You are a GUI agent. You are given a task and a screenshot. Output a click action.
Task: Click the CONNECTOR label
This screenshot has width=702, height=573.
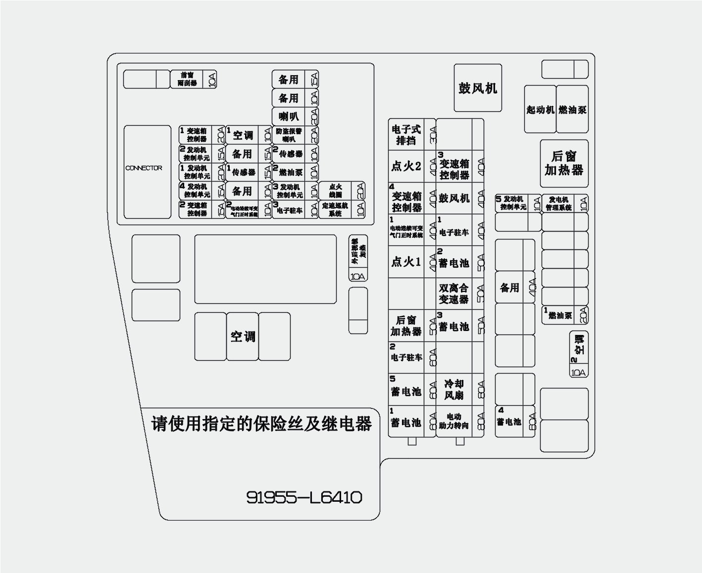[144, 168]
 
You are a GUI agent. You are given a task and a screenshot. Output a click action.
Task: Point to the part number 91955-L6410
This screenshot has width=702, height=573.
[304, 497]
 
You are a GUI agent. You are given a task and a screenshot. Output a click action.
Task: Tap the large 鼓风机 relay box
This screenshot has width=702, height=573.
[478, 88]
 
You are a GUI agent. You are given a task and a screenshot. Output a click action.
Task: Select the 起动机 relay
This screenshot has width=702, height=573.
[540, 110]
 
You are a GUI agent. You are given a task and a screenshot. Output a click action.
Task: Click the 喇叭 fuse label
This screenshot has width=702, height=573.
[289, 117]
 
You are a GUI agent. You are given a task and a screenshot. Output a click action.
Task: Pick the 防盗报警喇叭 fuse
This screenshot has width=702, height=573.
[289, 135]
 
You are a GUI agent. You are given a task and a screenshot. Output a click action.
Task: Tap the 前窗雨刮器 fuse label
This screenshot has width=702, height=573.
[188, 79]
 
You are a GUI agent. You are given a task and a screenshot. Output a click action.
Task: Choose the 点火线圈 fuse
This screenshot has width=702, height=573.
[336, 191]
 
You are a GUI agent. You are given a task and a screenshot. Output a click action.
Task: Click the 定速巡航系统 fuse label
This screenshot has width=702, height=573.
[335, 209]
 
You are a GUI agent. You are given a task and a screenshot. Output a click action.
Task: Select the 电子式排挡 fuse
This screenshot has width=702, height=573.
[406, 135]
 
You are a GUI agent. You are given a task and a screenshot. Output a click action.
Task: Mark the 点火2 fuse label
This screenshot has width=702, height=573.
[406, 166]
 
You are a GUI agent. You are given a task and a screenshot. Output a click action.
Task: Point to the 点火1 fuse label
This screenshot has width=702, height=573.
[406, 262]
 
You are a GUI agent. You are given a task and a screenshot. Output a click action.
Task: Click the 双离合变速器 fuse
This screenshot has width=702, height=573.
[453, 293]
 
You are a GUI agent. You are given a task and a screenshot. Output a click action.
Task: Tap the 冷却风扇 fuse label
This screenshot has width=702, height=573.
[453, 389]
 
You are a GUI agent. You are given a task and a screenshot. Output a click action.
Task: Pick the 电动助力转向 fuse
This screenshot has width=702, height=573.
[453, 421]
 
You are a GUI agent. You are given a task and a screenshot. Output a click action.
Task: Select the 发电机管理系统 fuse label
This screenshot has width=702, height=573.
[559, 203]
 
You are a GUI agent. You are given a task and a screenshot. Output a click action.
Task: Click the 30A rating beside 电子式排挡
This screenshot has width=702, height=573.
[432, 135]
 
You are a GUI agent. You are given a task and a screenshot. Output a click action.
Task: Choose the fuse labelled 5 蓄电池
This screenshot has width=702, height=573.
[405, 389]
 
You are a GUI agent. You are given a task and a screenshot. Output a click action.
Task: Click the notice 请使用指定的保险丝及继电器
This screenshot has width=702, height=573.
[261, 424]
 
